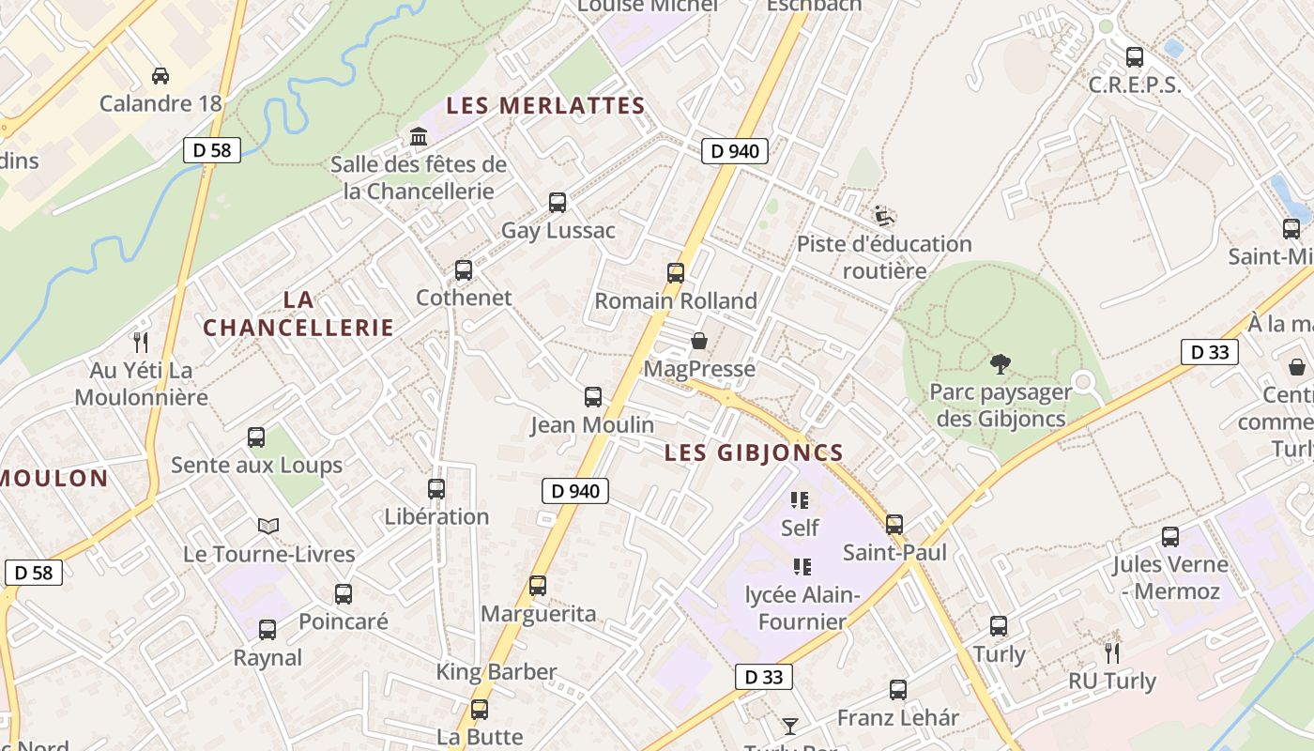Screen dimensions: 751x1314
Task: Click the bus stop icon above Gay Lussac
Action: click(x=558, y=202)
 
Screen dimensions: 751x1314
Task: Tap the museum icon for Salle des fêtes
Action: click(x=419, y=137)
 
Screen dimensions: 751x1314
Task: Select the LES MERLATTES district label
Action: click(x=545, y=105)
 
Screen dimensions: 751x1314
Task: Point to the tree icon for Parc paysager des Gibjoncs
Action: click(x=1001, y=363)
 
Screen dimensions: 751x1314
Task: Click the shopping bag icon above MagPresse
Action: click(x=699, y=341)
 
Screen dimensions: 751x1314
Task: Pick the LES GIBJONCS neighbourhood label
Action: click(x=754, y=452)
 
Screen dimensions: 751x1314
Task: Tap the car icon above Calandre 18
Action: click(x=160, y=75)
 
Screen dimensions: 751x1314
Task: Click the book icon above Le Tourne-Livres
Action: click(x=268, y=526)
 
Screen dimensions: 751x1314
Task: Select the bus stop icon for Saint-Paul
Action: click(x=894, y=524)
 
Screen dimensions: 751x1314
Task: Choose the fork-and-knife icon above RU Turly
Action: click(x=1112, y=652)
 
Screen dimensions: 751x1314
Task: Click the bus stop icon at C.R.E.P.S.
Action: click(x=1134, y=56)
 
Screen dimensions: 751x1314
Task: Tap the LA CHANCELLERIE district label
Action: click(x=298, y=314)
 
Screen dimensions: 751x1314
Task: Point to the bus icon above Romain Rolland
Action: click(x=676, y=273)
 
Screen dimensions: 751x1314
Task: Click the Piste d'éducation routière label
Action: click(x=884, y=257)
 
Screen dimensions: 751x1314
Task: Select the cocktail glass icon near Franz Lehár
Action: click(x=790, y=726)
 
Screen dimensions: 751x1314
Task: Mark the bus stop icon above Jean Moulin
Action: click(x=593, y=396)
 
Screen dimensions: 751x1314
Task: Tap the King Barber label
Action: click(x=497, y=672)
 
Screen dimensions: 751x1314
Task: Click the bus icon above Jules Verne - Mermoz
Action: click(x=1170, y=537)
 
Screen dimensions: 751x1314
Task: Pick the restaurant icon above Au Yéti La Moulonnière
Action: click(x=141, y=342)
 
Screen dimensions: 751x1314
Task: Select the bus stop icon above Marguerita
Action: click(x=538, y=586)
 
